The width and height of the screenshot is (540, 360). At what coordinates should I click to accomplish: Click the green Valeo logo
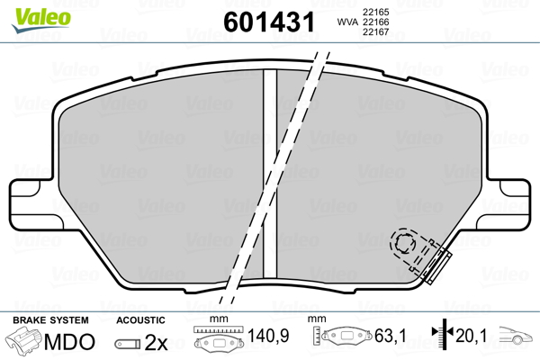41,20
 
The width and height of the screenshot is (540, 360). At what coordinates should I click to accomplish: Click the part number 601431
269,22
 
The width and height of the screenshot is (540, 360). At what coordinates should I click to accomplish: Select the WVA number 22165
375,12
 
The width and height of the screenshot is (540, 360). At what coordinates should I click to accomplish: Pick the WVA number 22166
375,22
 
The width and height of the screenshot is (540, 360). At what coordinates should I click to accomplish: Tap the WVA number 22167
375,32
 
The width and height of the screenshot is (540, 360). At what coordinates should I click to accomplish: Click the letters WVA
347,22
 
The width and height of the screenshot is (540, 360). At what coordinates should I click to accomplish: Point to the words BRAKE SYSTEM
50,320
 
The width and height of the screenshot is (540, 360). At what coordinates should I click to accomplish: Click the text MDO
69,342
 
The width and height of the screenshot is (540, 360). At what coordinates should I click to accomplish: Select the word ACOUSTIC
140,320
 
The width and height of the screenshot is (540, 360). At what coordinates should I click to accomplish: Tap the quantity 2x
156,342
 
